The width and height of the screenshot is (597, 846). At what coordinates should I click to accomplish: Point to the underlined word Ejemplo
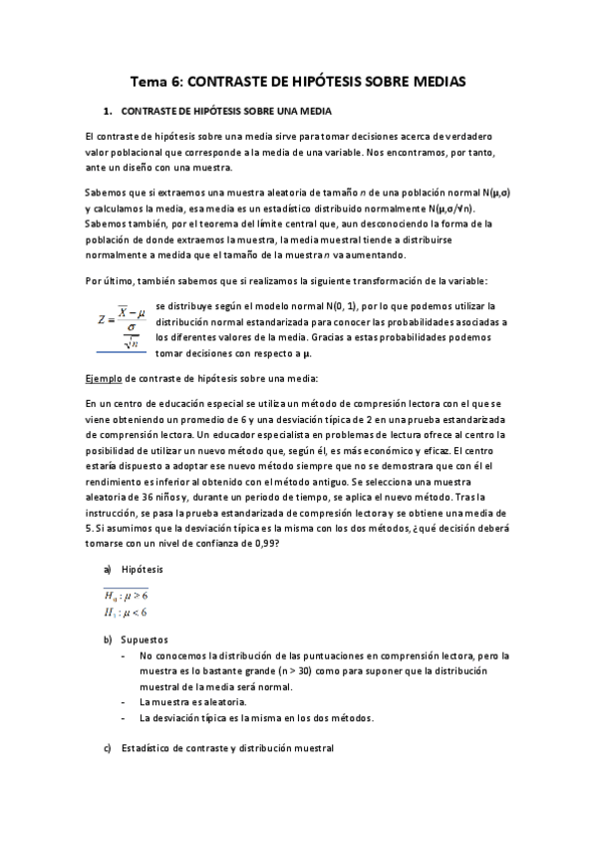tap(107, 379)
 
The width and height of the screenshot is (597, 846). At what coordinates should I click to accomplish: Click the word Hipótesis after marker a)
tap(143, 569)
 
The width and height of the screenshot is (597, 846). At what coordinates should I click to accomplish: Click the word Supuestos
tap(145, 637)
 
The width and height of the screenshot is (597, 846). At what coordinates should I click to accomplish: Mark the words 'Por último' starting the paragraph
tap(109, 281)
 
